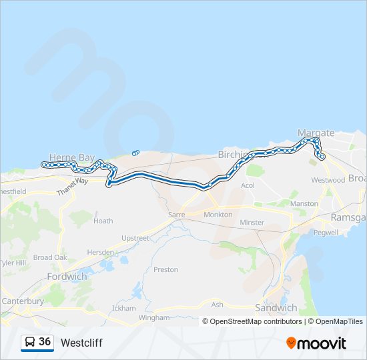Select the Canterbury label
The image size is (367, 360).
23,301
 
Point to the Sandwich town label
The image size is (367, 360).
276,307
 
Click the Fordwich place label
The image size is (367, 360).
67,276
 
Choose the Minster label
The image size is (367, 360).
252,222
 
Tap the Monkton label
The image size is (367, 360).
218,215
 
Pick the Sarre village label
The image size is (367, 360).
176,215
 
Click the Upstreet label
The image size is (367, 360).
135,238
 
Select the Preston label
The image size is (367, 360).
166,269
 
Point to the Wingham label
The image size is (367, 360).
154,318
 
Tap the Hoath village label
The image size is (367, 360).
103,221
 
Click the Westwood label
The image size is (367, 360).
328,180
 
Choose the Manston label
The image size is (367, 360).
304,203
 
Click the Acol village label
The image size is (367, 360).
248,185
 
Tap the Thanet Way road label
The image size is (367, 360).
72,186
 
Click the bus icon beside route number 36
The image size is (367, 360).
30,342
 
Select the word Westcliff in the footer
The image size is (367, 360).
81,343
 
